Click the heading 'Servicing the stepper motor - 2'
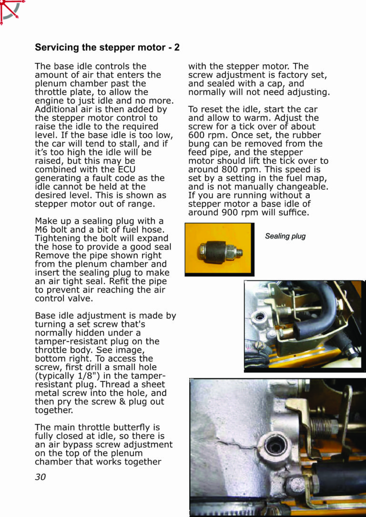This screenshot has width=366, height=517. [107, 48]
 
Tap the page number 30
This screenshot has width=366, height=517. [41, 477]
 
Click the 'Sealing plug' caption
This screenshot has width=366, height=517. [285, 236]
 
